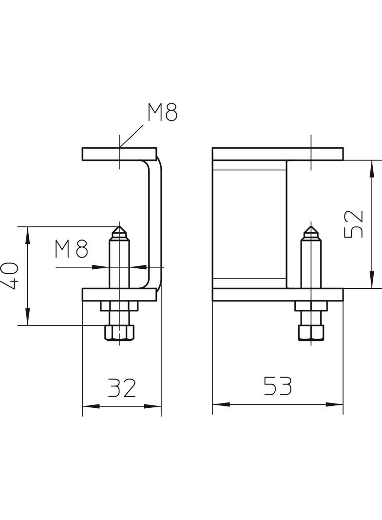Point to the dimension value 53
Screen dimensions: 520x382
[x=277, y=386]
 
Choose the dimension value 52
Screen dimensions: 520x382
[x=354, y=224]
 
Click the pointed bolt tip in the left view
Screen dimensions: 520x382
[x=118, y=230]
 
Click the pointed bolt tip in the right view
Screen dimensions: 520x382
[x=310, y=230]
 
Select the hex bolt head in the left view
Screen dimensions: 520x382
[x=118, y=332]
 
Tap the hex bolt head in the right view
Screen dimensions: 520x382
[x=311, y=332]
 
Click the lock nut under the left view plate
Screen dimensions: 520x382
[x=119, y=306]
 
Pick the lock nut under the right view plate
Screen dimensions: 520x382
[x=311, y=306]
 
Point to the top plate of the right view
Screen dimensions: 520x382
[x=278, y=154]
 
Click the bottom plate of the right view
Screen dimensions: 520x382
[x=278, y=294]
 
